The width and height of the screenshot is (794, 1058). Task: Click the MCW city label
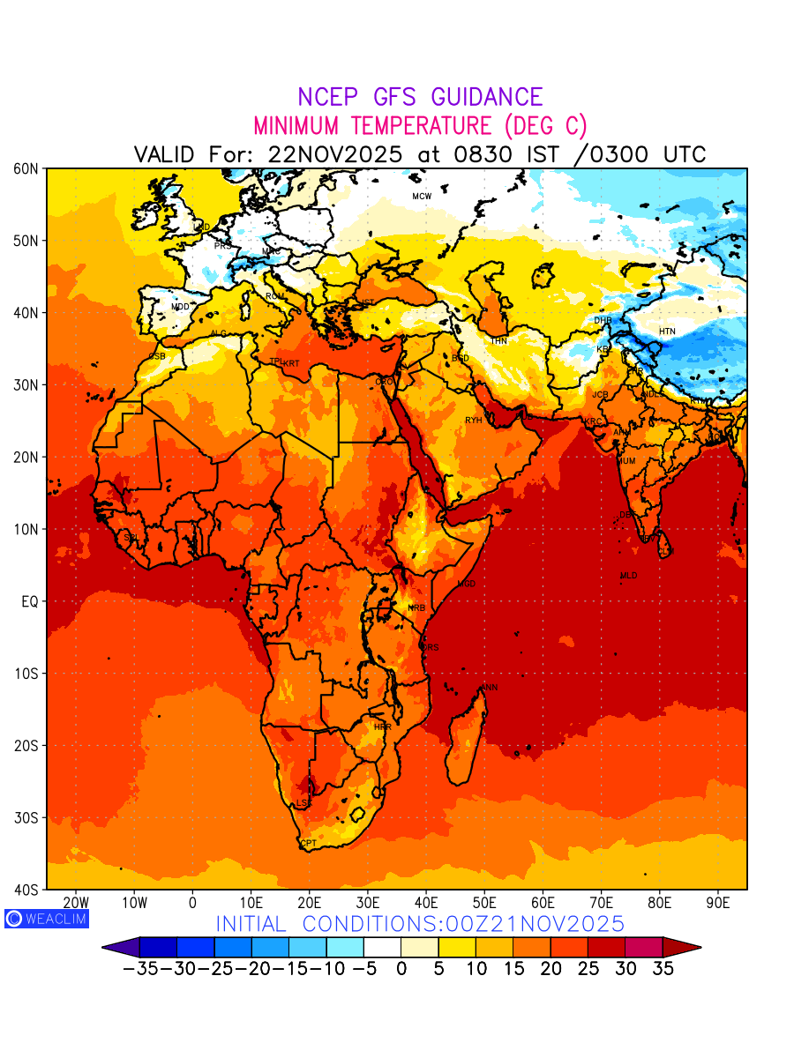pos(422,196)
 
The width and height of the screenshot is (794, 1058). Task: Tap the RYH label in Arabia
pos(474,421)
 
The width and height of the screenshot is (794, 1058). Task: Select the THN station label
pos(498,340)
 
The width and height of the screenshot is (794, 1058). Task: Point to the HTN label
pos(667,332)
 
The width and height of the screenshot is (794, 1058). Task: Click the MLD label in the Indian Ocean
pos(628,576)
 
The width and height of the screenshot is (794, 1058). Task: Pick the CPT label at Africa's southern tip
pos(309,844)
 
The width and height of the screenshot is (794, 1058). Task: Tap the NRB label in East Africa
pos(416,608)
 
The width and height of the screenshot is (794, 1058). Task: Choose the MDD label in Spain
pos(180,307)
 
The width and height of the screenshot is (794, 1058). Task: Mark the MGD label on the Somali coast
pos(467,585)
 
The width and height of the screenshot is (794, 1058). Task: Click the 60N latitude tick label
pos(25,168)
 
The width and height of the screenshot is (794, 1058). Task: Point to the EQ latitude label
pos(28,601)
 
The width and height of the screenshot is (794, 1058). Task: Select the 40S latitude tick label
pos(25,890)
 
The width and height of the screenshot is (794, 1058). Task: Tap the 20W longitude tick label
pos(76,903)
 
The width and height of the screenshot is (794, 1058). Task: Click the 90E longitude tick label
pos(718,903)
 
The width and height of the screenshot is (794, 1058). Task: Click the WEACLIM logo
pos(46,919)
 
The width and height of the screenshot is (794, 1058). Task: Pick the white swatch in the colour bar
pos(382,948)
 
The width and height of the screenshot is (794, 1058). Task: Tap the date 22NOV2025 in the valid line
pos(335,154)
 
